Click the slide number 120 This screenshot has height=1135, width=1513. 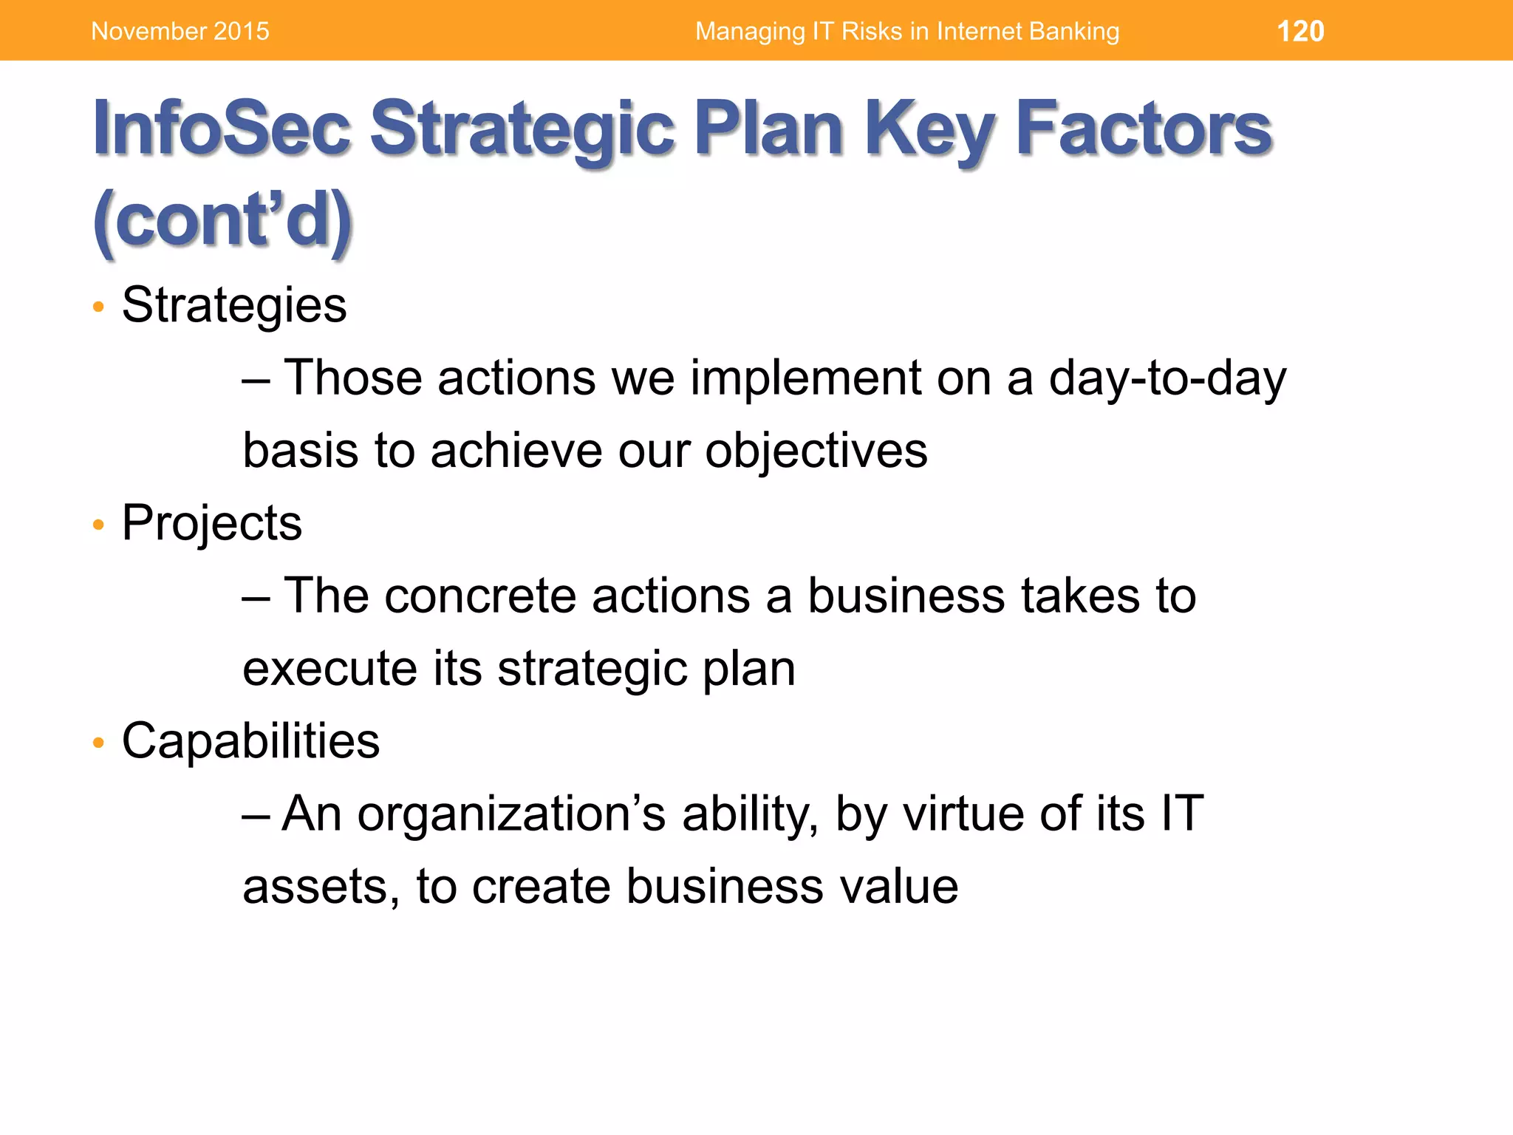[1300, 31]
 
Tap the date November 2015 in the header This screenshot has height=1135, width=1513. [180, 31]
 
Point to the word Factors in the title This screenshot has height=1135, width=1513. [1144, 129]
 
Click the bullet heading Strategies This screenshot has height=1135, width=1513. [234, 304]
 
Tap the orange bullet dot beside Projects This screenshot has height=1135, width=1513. [98, 525]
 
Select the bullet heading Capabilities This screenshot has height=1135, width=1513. [250, 740]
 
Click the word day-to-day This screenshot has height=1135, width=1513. [1167, 378]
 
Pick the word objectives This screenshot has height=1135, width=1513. [816, 451]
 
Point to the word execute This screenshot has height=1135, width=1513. [329, 668]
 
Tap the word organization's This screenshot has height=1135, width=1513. [512, 814]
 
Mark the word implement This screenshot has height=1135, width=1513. [805, 378]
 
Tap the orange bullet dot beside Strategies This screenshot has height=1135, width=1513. [98, 307]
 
